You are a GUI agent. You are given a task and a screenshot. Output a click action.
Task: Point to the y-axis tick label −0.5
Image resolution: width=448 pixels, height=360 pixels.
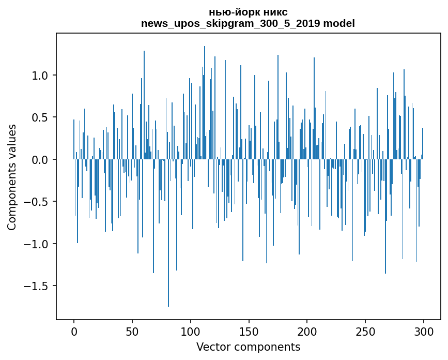(38, 202)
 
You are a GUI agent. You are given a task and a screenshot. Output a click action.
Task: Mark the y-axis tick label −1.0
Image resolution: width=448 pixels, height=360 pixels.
(38, 244)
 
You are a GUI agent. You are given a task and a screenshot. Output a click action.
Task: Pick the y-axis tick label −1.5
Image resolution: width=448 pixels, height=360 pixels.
(38, 286)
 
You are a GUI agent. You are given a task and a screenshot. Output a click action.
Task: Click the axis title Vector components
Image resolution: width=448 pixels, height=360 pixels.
(248, 347)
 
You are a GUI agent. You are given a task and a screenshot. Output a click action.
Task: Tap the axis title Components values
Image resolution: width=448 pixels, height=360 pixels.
(12, 177)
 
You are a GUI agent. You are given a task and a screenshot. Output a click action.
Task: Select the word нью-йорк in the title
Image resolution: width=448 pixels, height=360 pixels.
(234, 12)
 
